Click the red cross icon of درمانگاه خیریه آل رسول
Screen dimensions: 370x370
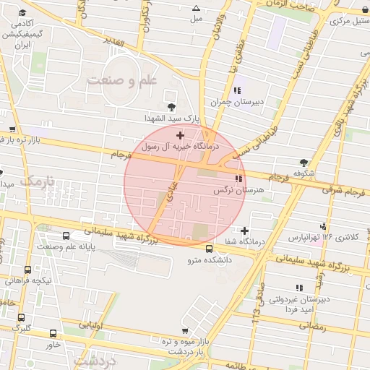[x=180, y=135]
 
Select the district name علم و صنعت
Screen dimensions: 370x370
[x=121, y=80]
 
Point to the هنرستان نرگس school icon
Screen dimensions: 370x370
[x=238, y=178]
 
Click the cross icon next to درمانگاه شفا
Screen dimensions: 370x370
[x=245, y=231]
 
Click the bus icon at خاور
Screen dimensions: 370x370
[x=53, y=333]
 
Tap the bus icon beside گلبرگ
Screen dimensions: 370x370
[x=21, y=316]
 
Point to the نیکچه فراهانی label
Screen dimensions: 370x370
[x=28, y=280]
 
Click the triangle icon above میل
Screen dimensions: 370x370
[x=196, y=8]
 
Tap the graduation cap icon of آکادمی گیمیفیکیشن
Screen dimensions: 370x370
[x=22, y=14]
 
